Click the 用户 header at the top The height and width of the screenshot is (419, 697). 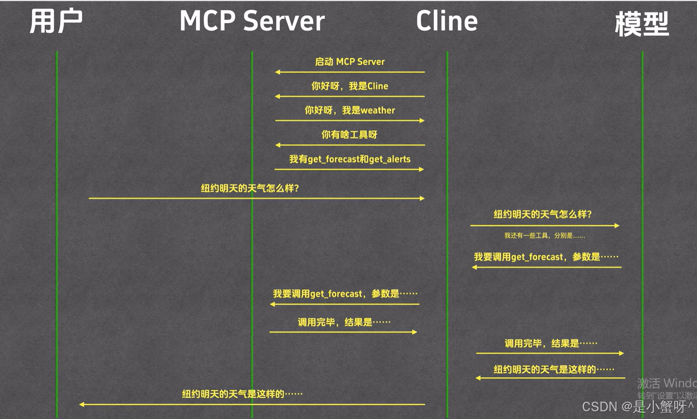(56, 21)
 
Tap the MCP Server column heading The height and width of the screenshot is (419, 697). (252, 21)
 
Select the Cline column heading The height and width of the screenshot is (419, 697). (447, 21)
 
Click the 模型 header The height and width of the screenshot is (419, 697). (642, 24)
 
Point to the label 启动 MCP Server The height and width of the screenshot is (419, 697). (350, 62)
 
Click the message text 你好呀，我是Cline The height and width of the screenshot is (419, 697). (350, 86)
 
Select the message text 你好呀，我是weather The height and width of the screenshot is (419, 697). (350, 110)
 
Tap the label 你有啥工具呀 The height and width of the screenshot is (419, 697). (349, 135)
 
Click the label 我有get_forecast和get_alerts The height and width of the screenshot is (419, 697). (350, 159)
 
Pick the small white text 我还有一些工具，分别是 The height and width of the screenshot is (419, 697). (544, 235)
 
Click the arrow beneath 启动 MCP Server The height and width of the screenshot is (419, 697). (350, 72)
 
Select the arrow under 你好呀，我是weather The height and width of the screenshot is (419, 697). (350, 120)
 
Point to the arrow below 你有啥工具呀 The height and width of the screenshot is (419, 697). (350, 145)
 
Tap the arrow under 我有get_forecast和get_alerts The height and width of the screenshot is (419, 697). (349, 169)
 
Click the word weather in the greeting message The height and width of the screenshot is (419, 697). (378, 110)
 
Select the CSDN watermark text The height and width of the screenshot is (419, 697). (638, 406)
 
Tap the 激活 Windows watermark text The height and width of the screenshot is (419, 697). (667, 383)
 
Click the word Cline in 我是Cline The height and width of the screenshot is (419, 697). (377, 86)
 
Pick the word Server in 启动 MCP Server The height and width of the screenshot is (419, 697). (371, 62)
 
